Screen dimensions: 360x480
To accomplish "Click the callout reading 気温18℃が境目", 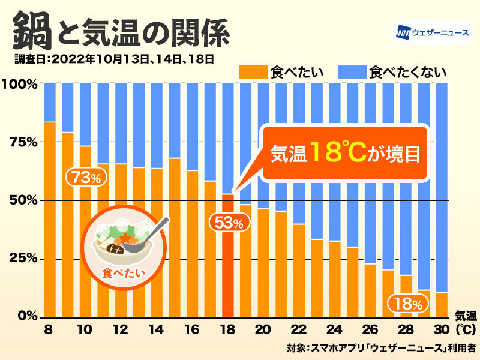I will tap(344, 153).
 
